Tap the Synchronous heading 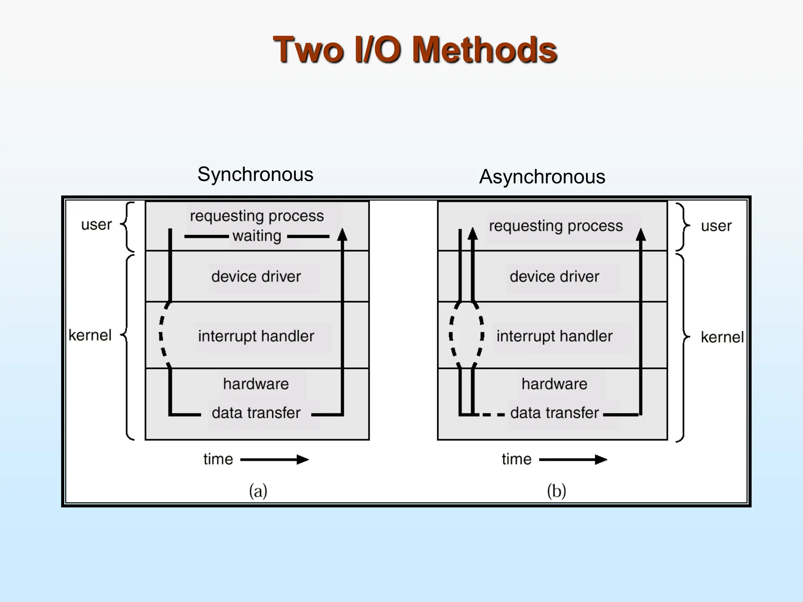click(255, 174)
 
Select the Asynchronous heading click(542, 176)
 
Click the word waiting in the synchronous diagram click(257, 236)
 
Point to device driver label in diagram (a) click(256, 277)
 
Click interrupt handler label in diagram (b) click(554, 336)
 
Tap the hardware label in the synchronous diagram click(256, 384)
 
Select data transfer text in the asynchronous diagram click(554, 413)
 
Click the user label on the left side click(96, 225)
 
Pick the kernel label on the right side click(722, 337)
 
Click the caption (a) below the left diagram click(258, 491)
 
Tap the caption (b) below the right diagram click(556, 491)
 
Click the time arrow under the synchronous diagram click(274, 459)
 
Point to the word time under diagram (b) click(516, 459)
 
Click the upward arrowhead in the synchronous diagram click(342, 234)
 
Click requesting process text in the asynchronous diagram click(556, 226)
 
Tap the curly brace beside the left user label click(127, 227)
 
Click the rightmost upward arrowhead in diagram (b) click(641, 234)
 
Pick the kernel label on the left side click(90, 335)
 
